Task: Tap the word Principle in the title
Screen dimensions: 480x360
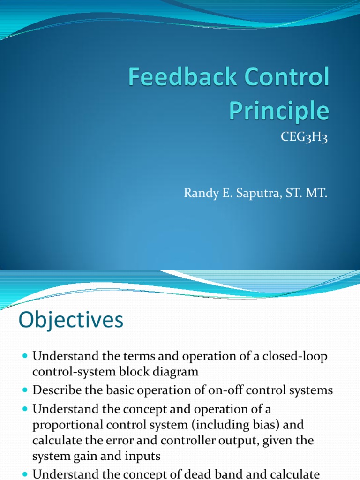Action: point(279,111)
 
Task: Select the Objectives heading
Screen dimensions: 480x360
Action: point(71,321)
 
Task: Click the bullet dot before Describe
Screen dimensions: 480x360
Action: point(25,390)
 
